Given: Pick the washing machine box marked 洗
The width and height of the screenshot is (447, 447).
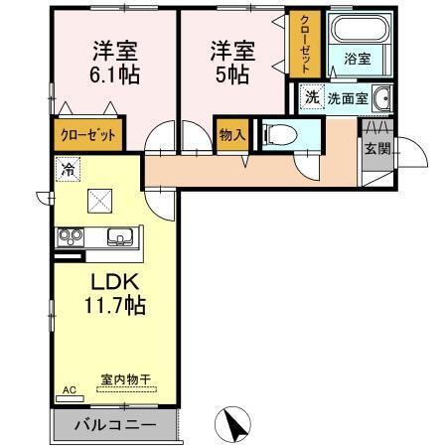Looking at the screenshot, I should (311, 97).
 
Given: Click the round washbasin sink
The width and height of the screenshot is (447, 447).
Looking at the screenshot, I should (381, 98).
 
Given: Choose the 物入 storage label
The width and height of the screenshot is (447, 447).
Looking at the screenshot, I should (231, 134).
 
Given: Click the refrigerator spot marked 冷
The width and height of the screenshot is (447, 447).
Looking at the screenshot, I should (67, 168).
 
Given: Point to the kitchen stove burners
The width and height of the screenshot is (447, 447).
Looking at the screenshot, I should (72, 236).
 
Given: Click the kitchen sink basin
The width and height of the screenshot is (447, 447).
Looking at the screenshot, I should (120, 236).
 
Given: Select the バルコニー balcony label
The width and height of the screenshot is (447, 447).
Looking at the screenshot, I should (113, 425).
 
